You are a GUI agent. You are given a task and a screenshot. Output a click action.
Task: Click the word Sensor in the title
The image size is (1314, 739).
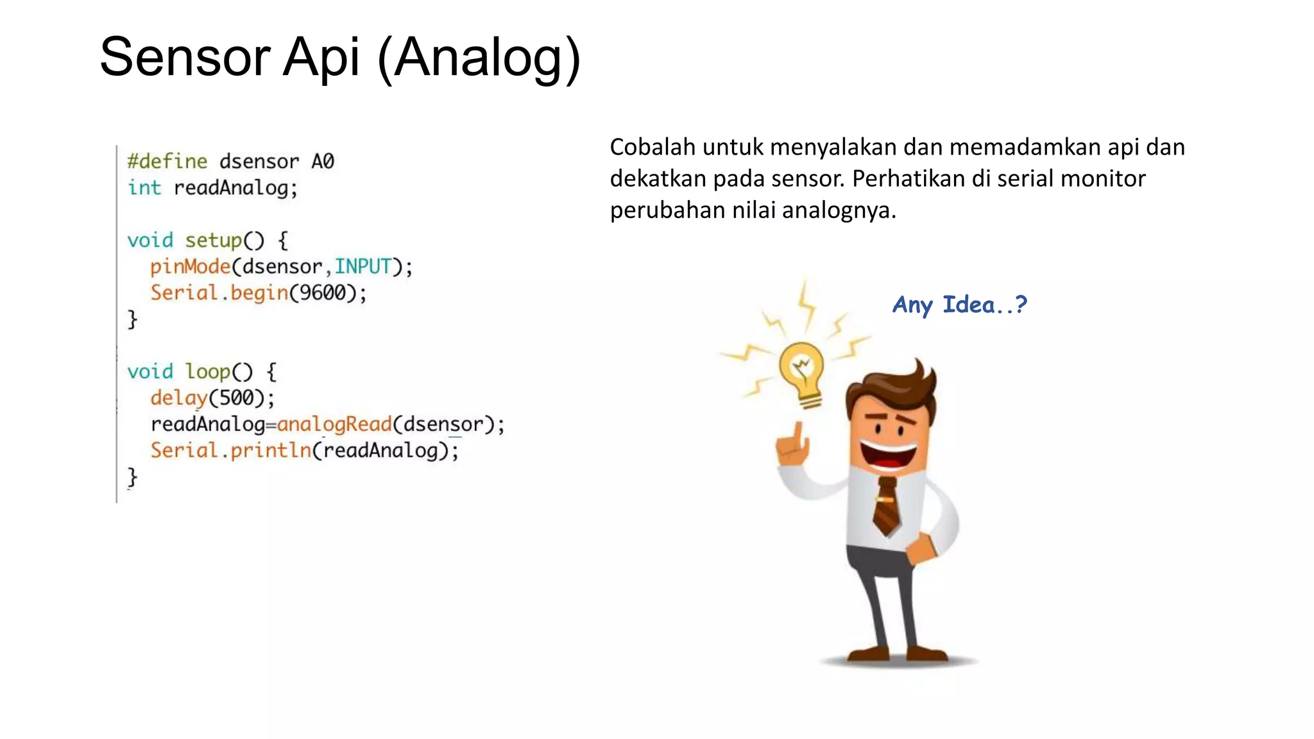pos(185,58)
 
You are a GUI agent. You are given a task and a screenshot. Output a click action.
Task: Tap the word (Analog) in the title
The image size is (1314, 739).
pos(479,59)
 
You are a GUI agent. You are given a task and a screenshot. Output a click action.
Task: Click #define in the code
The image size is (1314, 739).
pos(167,161)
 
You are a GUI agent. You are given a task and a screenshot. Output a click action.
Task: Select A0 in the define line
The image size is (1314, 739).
pos(323,161)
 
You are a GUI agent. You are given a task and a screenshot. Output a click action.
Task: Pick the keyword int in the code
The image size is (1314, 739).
pos(144,188)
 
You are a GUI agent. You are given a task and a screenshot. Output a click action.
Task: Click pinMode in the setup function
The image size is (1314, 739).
pos(190,266)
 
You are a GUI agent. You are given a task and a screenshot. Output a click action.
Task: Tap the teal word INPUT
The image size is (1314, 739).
pos(363,266)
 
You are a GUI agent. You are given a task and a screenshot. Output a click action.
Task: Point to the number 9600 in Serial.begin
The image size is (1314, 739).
pos(323,293)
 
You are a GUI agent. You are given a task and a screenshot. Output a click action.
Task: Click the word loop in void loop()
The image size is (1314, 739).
pos(208,371)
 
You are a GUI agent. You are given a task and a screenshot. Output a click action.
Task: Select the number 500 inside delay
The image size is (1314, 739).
pos(237,398)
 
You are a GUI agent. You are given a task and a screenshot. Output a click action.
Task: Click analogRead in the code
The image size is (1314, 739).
pos(334,424)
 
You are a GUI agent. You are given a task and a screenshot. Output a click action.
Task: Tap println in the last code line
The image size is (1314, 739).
pos(271,450)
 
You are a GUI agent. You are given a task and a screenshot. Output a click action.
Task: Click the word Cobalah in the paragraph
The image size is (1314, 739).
pos(652,148)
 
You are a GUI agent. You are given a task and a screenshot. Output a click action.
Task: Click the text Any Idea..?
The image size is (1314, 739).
pos(960,305)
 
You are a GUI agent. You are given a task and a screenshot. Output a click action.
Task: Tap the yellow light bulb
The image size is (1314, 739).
pos(802,372)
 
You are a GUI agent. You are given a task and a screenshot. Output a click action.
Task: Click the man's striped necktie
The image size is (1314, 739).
pos(887,507)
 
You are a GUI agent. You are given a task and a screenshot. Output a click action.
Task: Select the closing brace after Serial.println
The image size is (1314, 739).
pos(132,477)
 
